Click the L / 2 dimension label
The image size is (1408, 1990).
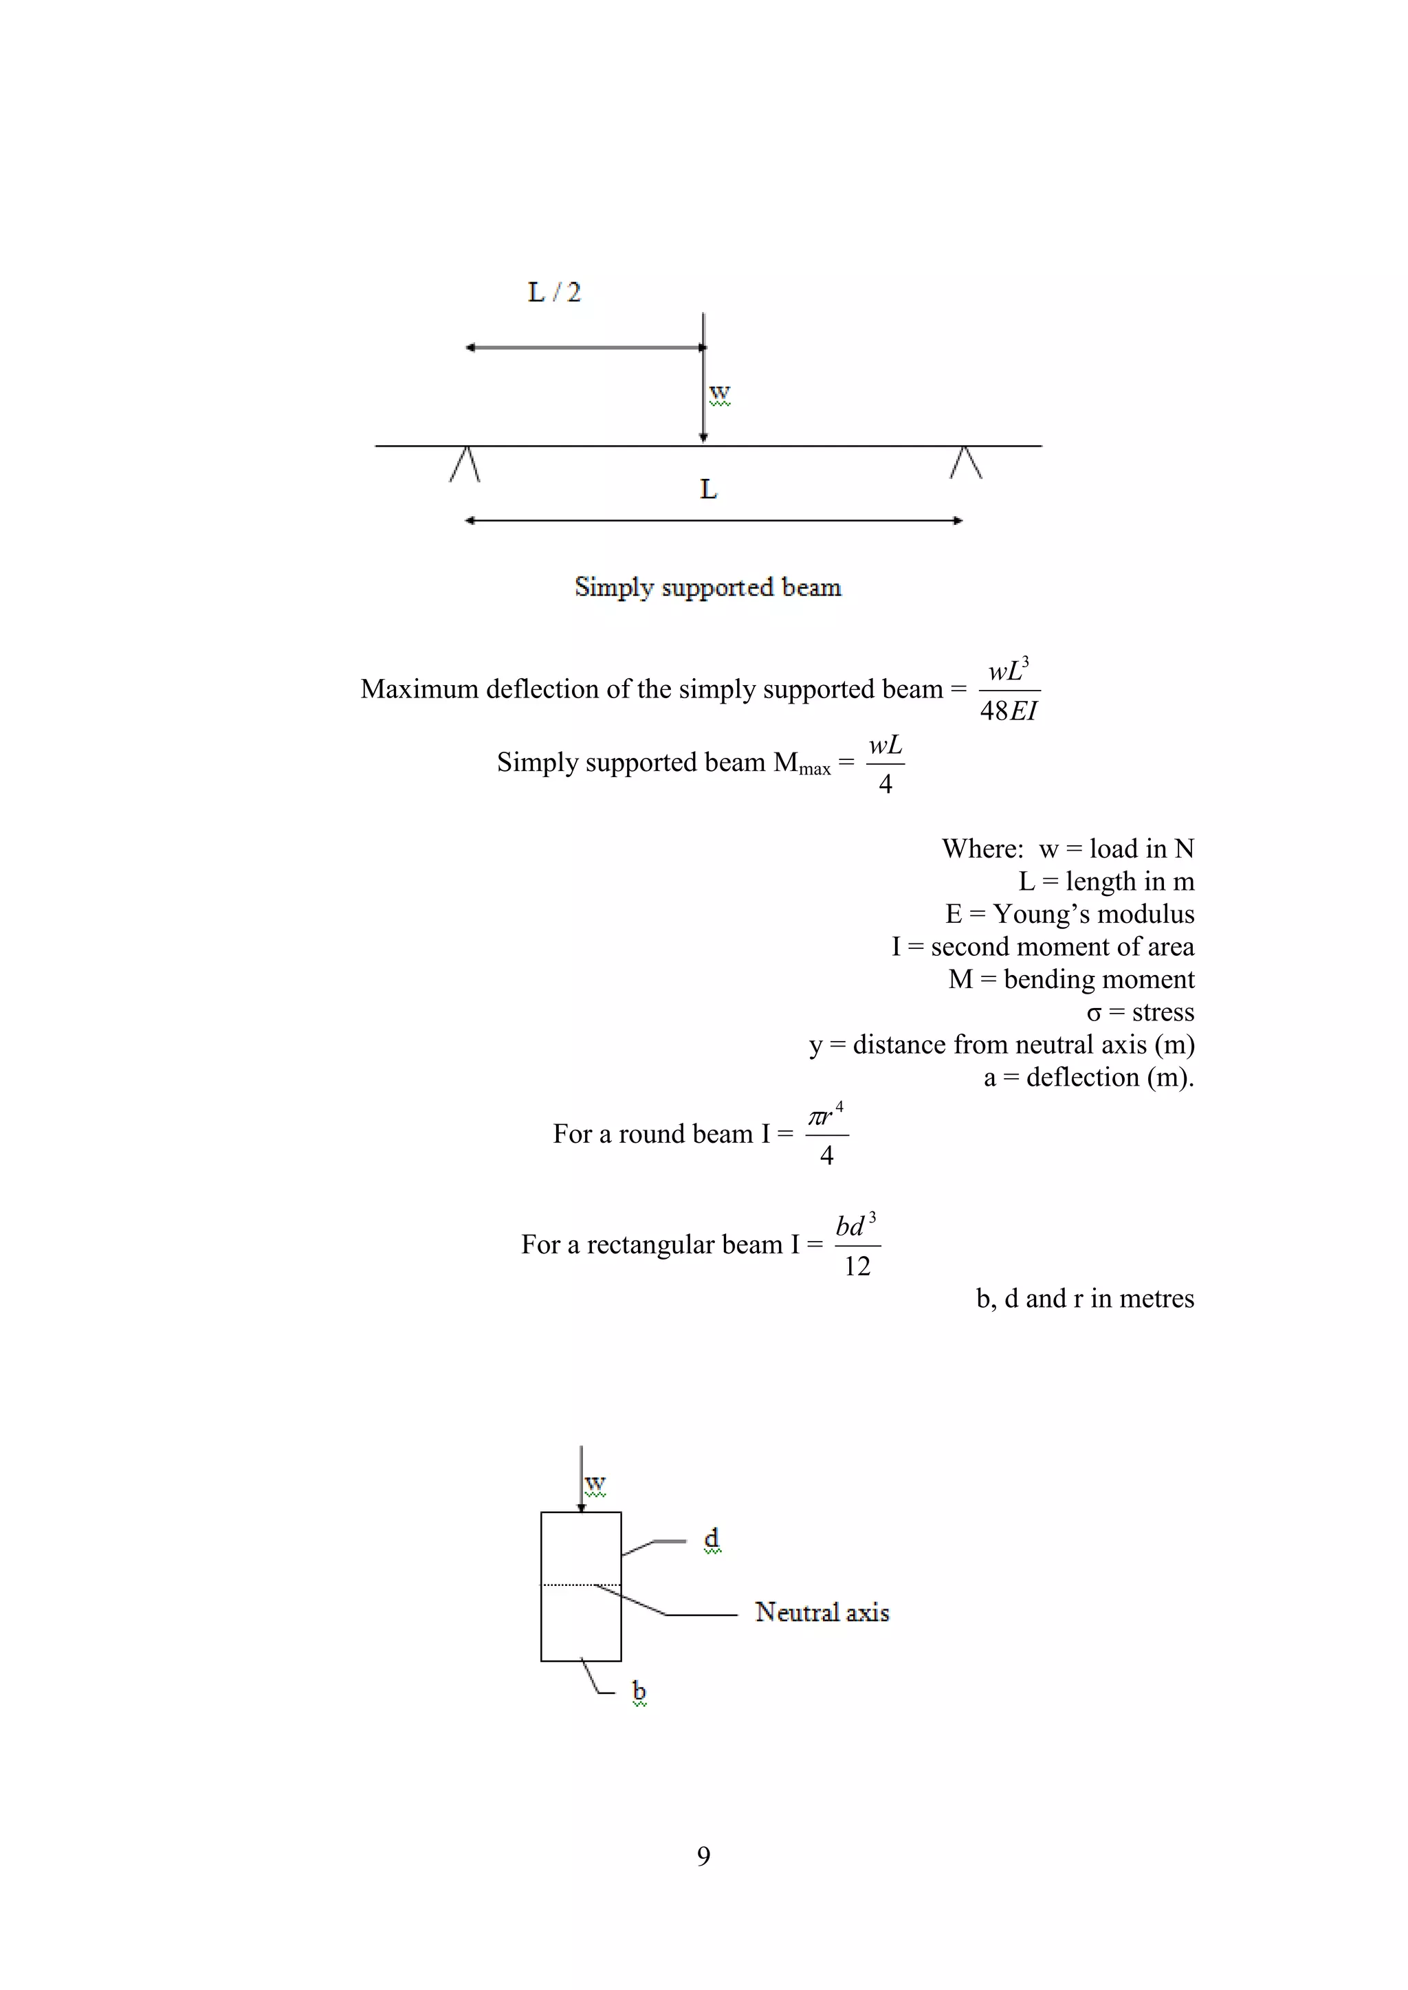click(554, 292)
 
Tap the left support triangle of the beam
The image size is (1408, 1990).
click(465, 465)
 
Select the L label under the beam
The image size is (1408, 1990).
click(708, 490)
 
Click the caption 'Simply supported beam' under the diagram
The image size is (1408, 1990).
click(707, 588)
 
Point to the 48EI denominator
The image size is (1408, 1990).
click(1009, 711)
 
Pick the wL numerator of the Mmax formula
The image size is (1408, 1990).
click(885, 746)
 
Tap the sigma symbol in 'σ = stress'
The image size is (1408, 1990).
click(1094, 1013)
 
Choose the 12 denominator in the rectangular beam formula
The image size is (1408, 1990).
click(857, 1266)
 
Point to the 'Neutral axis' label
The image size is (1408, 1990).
click(822, 1612)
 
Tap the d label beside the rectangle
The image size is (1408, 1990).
click(711, 1538)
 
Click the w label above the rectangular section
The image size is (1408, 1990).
click(595, 1484)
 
